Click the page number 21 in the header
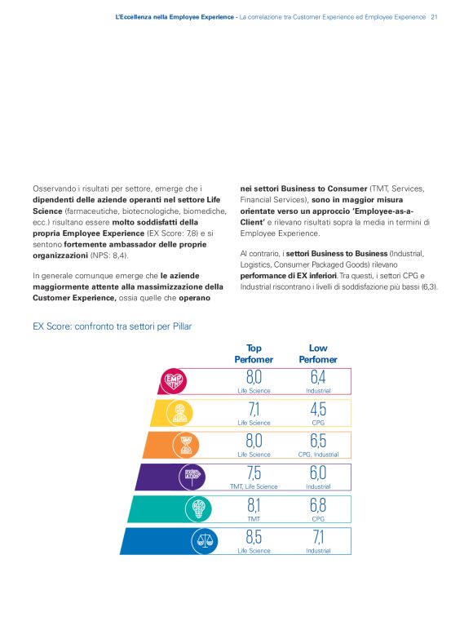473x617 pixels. click(x=435, y=16)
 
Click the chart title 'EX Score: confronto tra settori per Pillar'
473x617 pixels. click(x=113, y=326)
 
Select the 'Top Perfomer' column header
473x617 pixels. click(x=253, y=353)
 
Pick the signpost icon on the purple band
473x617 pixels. click(x=194, y=475)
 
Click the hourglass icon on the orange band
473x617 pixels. click(x=187, y=444)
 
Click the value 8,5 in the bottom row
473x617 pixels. click(x=254, y=537)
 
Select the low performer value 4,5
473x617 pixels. click(x=317, y=409)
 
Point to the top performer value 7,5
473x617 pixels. click(x=254, y=473)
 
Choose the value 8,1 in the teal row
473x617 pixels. click(x=254, y=504)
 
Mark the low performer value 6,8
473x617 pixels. click(x=317, y=504)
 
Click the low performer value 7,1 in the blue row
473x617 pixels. click(x=317, y=537)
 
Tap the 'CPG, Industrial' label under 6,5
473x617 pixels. click(x=317, y=455)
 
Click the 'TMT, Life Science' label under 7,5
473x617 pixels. click(x=254, y=486)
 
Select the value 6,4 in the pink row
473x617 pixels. click(x=317, y=377)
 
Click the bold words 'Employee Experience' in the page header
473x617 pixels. click(x=197, y=16)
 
